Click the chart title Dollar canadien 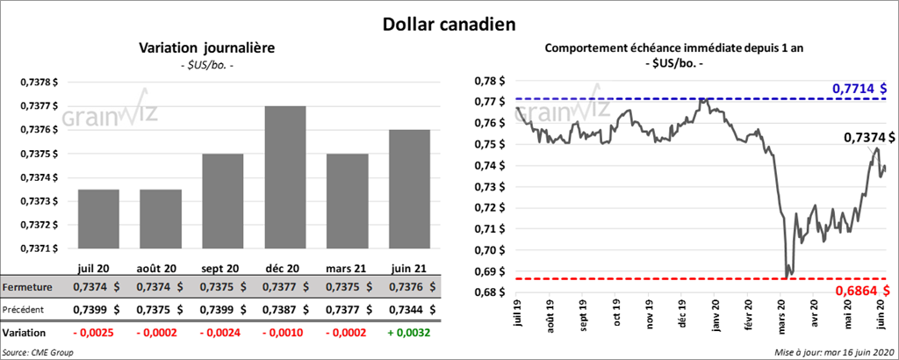[x=449, y=23]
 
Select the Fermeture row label [x=28, y=287]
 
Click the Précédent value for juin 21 [x=408, y=310]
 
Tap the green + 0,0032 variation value [x=409, y=333]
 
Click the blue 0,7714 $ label [x=859, y=89]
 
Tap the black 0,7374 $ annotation [x=869, y=138]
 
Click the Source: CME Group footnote [x=39, y=351]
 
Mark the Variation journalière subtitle [x=207, y=48]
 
